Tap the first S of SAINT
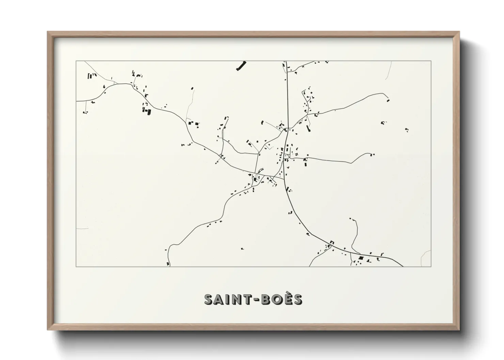209,299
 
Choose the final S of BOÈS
297,299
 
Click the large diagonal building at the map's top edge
241,66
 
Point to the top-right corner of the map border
431,61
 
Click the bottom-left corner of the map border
76,267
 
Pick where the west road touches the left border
76,101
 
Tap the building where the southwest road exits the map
168,263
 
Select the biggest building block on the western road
148,111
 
